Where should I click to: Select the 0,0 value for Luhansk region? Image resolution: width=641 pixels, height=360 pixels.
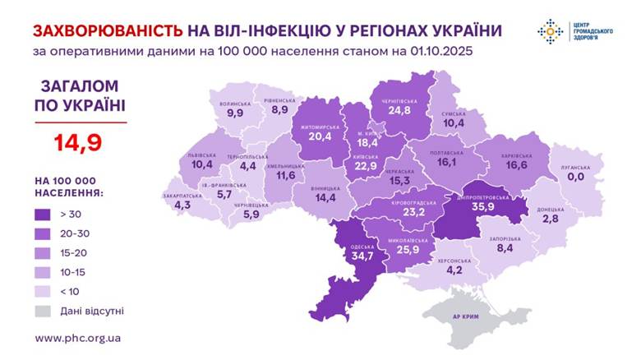point(575,176)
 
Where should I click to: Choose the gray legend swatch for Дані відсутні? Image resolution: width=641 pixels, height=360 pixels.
point(45,310)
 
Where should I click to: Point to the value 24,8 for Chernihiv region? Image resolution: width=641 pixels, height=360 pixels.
point(400,110)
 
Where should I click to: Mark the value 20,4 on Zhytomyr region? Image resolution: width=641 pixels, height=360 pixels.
point(320,137)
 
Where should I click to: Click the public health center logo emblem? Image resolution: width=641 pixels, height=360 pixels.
point(550,31)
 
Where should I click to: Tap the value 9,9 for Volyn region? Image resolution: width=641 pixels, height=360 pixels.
point(235,113)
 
